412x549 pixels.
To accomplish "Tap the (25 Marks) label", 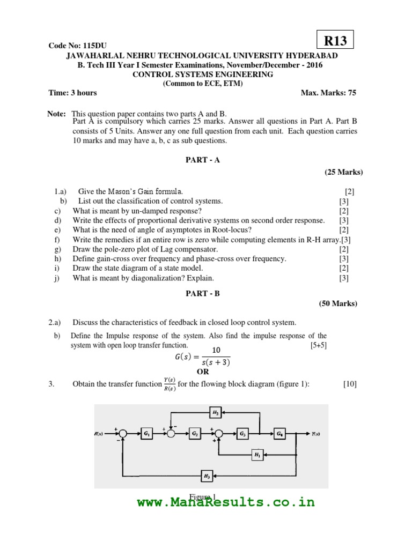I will [343, 172].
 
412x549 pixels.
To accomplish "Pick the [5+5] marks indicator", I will [318, 345].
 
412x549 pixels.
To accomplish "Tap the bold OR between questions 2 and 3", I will [203, 372].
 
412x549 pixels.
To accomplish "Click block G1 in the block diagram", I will [146, 434].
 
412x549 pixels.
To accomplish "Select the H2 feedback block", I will [215, 412].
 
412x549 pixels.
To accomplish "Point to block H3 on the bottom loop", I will [206, 476].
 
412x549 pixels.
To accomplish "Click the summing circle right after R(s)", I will [123, 434].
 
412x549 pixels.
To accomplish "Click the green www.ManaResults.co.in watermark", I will [225, 502].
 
